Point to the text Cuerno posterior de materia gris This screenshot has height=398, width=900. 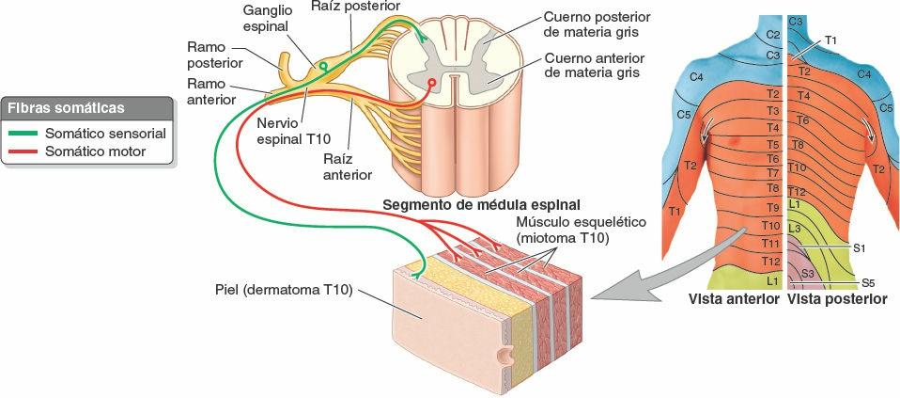[x=597, y=25]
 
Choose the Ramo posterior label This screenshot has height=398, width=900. [x=215, y=54]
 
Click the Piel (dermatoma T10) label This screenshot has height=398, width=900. [x=283, y=289]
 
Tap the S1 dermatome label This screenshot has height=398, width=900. [x=859, y=247]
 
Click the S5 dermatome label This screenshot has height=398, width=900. [x=869, y=282]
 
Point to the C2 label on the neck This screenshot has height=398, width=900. [x=773, y=35]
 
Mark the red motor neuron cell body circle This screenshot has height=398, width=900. [x=432, y=83]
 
